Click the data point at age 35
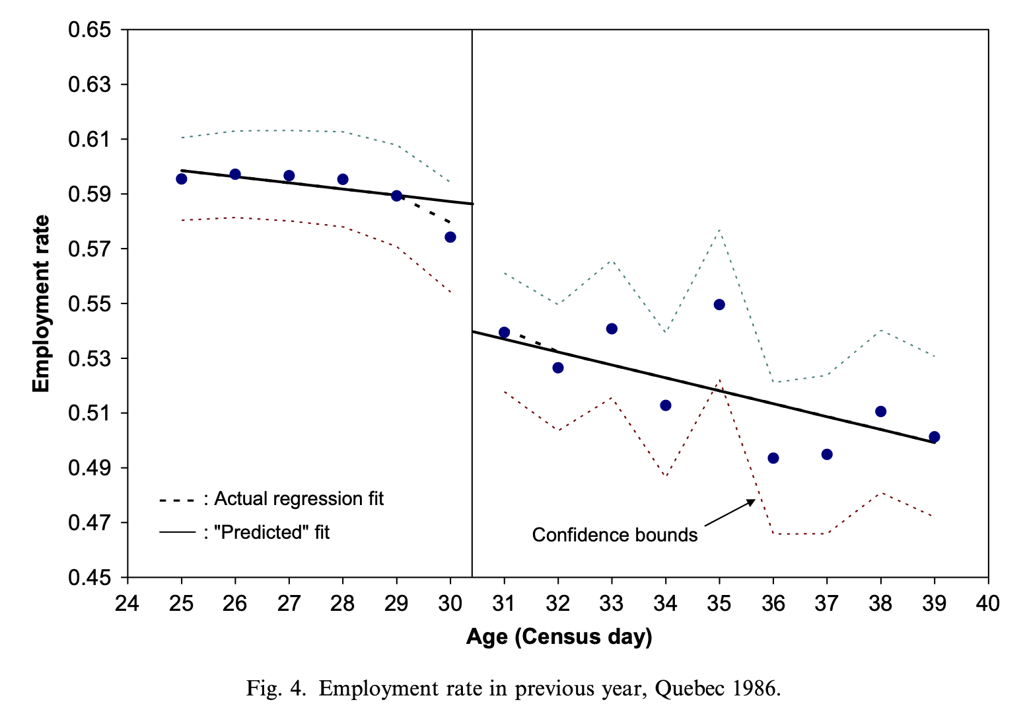tap(719, 305)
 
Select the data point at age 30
tap(450, 237)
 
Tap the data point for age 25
tap(182, 178)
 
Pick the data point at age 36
tap(773, 458)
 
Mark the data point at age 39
tap(934, 437)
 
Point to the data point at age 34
tap(666, 405)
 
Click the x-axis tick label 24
tap(127, 603)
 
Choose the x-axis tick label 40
tap(988, 603)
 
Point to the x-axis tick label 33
tap(612, 603)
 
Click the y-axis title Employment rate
tap(42, 303)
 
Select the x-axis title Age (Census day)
tap(559, 637)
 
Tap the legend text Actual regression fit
tap(299, 498)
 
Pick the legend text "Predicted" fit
tap(271, 532)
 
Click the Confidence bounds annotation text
tap(615, 535)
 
